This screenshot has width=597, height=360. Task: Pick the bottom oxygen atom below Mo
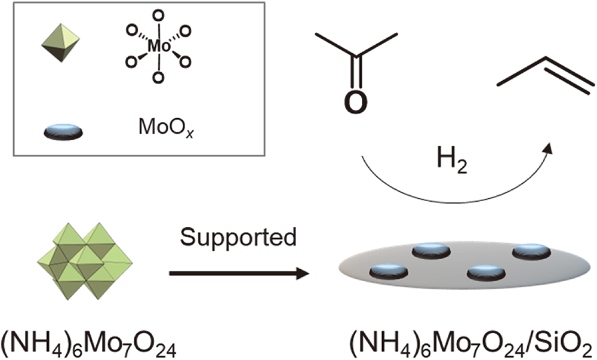157,77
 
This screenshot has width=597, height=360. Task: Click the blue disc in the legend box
63,131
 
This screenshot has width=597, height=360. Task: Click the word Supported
239,238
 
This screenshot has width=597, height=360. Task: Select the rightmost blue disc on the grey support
531,251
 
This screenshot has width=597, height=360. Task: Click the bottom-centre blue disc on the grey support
485,273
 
